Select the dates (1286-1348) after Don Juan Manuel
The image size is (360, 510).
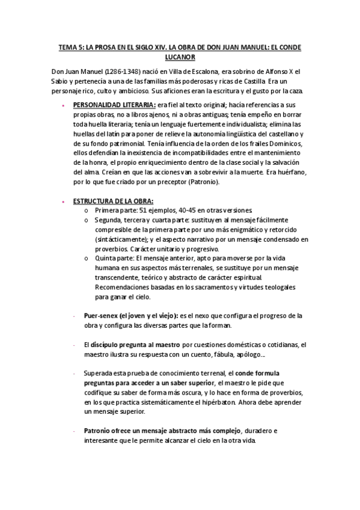(114, 72)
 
